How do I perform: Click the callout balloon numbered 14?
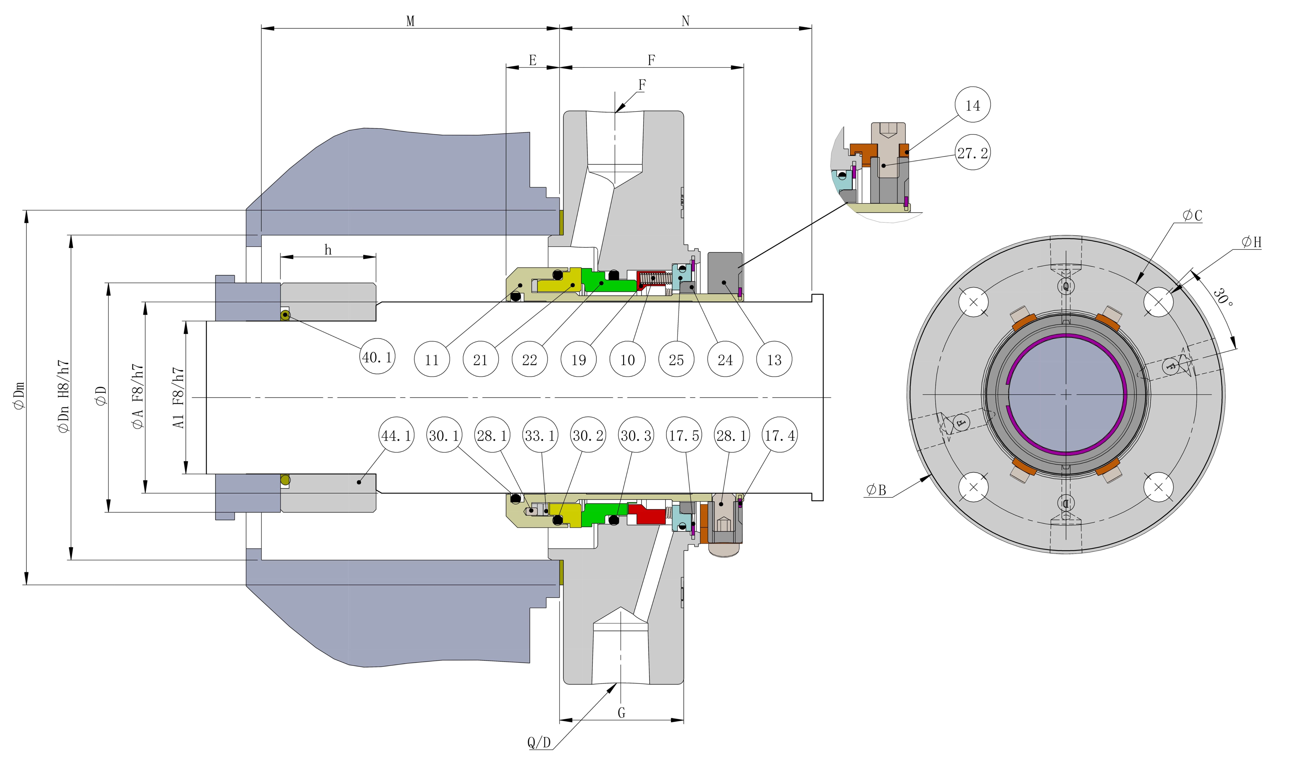973,105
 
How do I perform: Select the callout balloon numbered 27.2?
973,153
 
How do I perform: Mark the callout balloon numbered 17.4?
780,435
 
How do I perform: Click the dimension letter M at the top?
410,21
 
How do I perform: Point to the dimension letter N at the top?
685,21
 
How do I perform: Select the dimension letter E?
533,60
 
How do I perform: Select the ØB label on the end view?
876,490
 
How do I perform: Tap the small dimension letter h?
328,250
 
